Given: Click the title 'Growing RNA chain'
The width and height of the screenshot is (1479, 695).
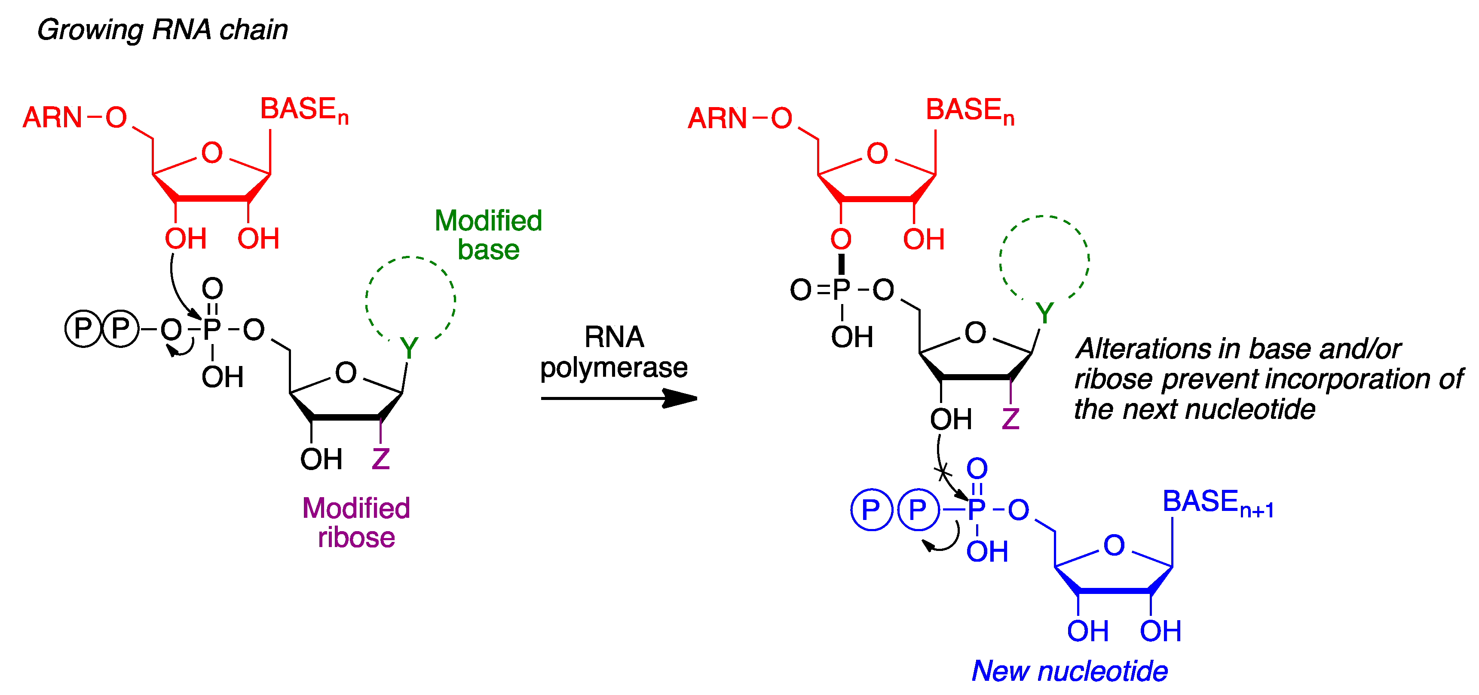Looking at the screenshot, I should point(162,30).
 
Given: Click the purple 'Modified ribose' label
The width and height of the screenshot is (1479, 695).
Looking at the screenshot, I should point(356,523).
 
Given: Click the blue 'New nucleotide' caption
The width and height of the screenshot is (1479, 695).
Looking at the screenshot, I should point(1069,671).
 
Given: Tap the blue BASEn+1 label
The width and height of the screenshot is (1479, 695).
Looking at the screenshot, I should point(1217,503).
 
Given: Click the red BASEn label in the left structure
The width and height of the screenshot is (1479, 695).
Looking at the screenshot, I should point(304,110).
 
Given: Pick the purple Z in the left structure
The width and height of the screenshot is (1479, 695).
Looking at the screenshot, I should point(381,459).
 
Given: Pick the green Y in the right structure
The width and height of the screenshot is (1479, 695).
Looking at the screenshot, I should point(1044,313).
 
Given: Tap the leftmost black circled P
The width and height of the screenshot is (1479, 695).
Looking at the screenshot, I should point(83,329).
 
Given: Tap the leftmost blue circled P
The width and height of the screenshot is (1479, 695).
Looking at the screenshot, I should point(871,510).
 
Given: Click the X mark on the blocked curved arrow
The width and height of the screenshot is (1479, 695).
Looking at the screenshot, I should point(943,473).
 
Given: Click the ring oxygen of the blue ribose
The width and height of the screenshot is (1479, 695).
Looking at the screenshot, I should point(1114,545).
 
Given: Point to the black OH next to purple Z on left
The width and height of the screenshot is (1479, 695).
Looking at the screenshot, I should point(321,459).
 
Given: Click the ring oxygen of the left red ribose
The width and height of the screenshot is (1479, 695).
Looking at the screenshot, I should point(212,153).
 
